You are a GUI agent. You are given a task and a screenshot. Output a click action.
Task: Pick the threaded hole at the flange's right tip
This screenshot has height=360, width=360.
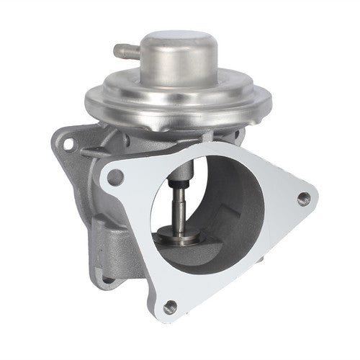[302, 198]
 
